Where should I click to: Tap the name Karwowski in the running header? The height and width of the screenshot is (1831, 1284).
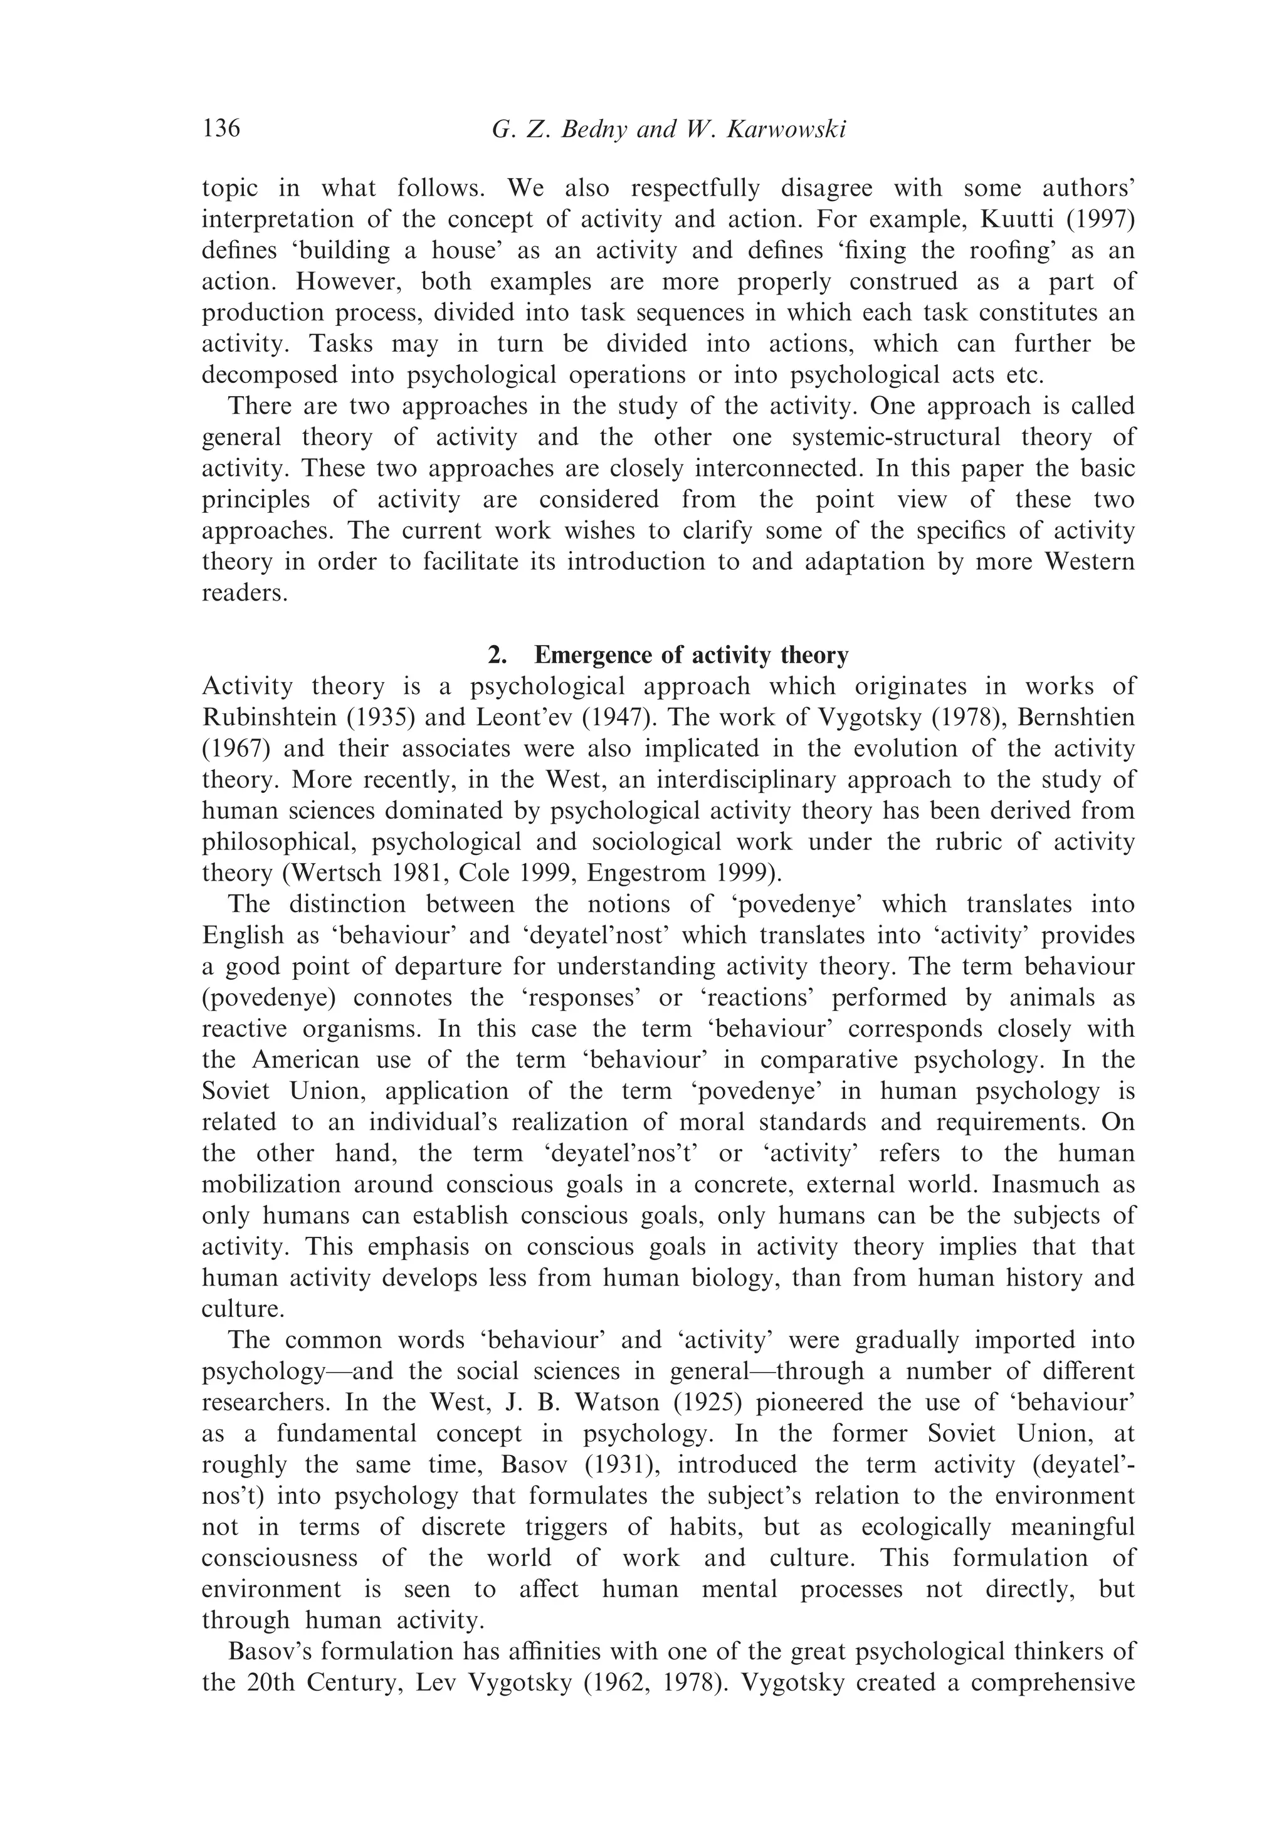pyautogui.click(x=786, y=129)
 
